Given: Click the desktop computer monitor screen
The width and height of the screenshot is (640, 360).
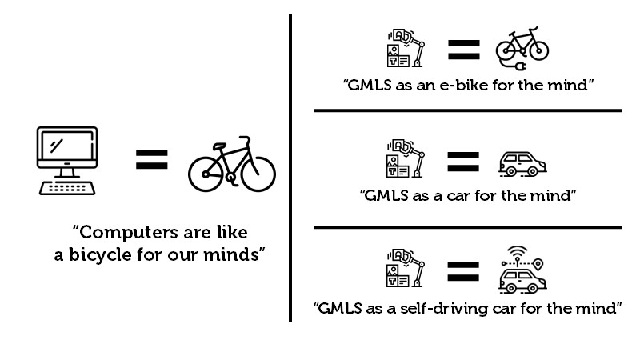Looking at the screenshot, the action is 67,146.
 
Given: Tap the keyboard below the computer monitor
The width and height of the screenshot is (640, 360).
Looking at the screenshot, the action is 67,188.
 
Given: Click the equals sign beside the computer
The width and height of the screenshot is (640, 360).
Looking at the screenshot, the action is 152,159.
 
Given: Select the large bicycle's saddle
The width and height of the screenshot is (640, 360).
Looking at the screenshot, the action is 219,146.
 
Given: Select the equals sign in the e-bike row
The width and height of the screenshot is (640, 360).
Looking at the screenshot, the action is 464,50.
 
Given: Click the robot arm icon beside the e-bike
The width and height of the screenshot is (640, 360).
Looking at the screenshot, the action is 406,48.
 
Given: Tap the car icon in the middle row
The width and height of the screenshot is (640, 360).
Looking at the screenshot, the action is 522,164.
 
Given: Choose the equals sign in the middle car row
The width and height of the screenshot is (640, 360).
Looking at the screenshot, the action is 463,162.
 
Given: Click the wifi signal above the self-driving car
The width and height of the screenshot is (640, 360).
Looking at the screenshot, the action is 517,251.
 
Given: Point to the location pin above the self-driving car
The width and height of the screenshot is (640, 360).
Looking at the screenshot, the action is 538,264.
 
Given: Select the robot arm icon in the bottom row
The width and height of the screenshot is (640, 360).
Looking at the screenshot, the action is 406,268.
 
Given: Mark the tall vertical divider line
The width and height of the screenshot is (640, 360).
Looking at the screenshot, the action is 290,169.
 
